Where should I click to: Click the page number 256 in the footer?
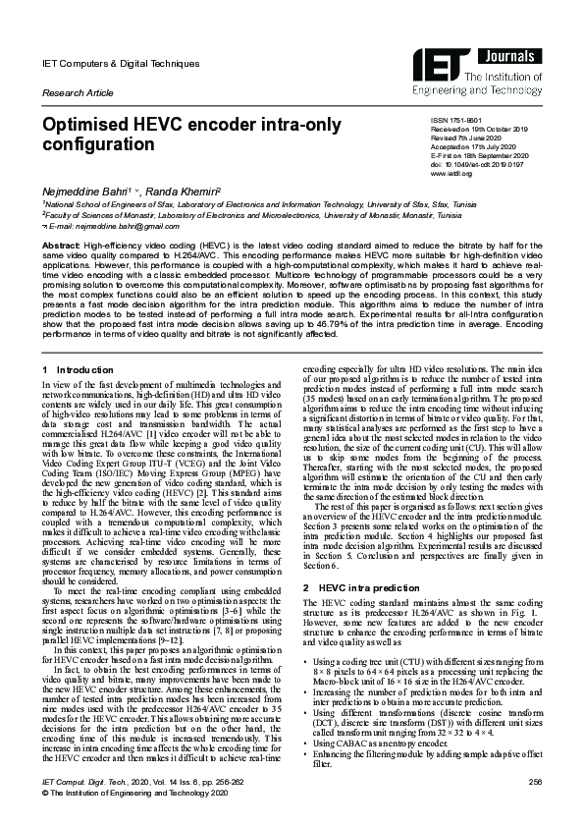pos(535,781)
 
